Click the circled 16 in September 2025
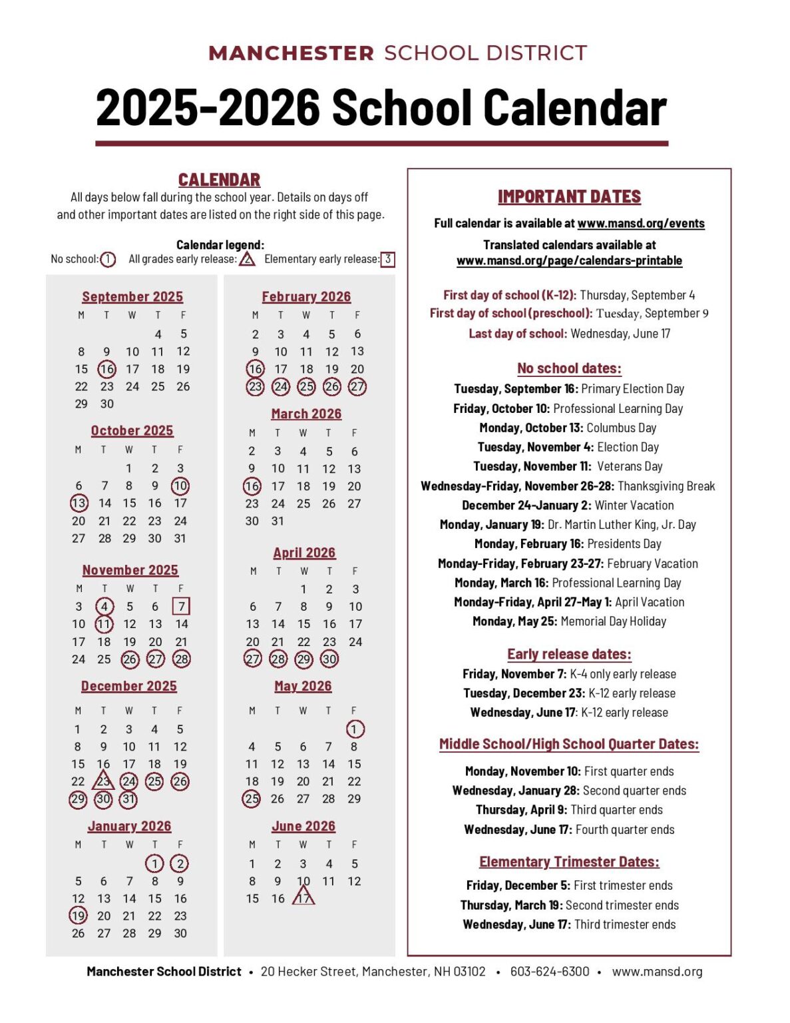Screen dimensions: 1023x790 tap(106, 369)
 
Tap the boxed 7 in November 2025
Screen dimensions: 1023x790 tap(181, 606)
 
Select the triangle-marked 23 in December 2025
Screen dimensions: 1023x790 tap(103, 781)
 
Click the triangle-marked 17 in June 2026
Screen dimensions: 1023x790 tap(303, 898)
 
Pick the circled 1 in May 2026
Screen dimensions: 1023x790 tap(355, 729)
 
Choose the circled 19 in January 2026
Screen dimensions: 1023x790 tap(79, 916)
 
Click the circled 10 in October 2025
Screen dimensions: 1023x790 tap(180, 486)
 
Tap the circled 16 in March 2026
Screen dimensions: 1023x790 tap(252, 486)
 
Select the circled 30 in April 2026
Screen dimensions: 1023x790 tap(329, 659)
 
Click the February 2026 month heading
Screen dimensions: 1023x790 tap(306, 297)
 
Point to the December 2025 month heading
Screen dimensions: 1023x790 tap(129, 686)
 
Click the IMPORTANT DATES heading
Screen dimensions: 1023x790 tap(569, 196)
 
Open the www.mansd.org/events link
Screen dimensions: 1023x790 tap(641, 223)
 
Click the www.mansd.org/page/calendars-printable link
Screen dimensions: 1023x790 tap(569, 260)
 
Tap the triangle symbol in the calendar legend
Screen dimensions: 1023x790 tap(247, 259)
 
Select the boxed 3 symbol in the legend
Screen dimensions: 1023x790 tap(387, 259)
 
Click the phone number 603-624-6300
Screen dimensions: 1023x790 tap(550, 971)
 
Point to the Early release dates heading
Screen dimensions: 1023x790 tap(569, 654)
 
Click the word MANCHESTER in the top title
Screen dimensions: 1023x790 tap(291, 53)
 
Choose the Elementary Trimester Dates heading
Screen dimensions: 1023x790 tap(569, 862)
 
